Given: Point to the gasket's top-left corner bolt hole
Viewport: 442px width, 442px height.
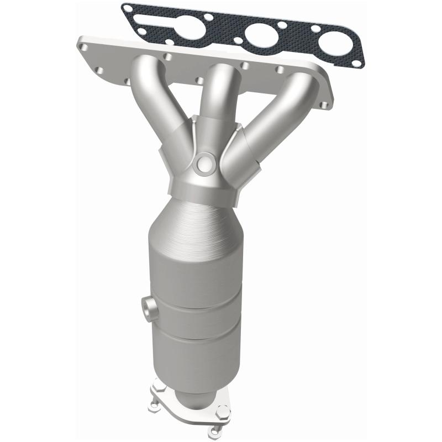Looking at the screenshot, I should click(x=129, y=9).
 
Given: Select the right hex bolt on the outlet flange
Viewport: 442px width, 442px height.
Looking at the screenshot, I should click(x=223, y=412).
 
